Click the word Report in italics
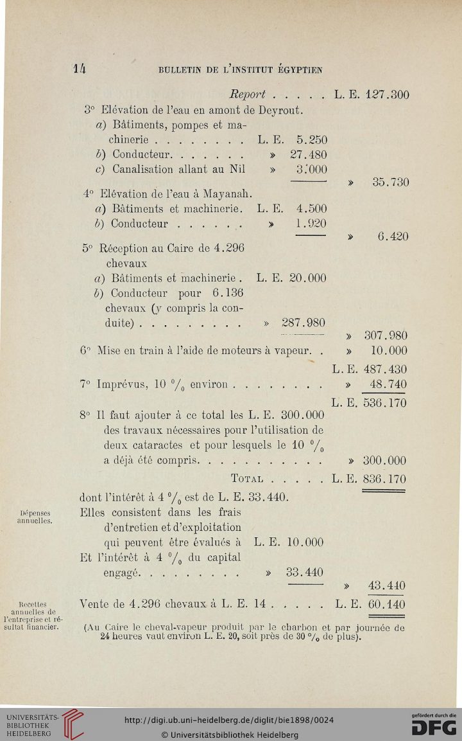point(248,96)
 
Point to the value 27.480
point(305,155)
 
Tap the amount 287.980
point(300,322)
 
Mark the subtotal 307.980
point(386,335)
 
